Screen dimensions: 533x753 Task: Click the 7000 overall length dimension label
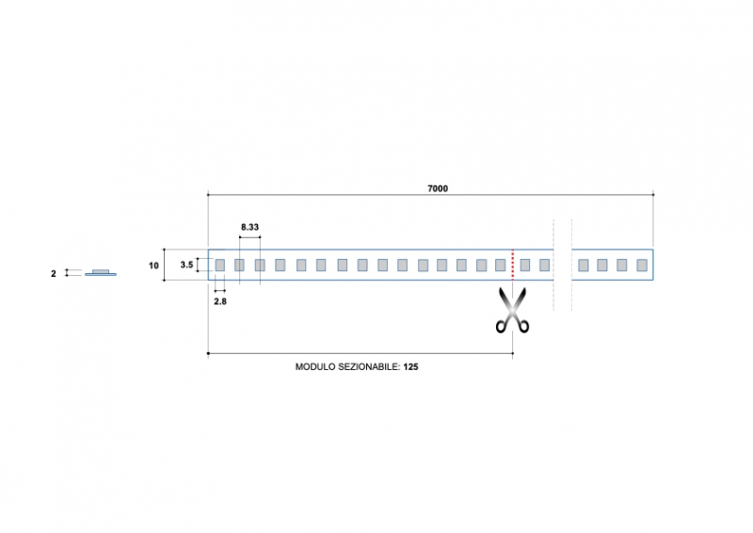[437, 188]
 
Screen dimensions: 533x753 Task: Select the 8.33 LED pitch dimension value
[249, 228]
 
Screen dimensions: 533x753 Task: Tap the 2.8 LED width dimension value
[219, 301]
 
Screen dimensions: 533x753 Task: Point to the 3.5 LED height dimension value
[186, 266]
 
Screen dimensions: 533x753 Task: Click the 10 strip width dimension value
[153, 266]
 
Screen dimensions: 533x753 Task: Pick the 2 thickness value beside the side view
[54, 274]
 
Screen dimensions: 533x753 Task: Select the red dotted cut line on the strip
[512, 265]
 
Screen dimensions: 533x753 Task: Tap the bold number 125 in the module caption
[410, 367]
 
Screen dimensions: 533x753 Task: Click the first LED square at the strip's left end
[219, 266]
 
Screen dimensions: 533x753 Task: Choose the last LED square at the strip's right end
[642, 266]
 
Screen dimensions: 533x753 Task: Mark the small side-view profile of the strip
[100, 273]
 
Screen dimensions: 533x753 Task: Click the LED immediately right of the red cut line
[525, 266]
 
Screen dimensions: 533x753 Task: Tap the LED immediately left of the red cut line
[501, 266]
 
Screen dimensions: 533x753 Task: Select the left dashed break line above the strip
[553, 235]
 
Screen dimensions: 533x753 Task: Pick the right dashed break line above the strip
[571, 235]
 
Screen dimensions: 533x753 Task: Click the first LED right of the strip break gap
[584, 266]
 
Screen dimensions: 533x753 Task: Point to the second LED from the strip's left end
[239, 266]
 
